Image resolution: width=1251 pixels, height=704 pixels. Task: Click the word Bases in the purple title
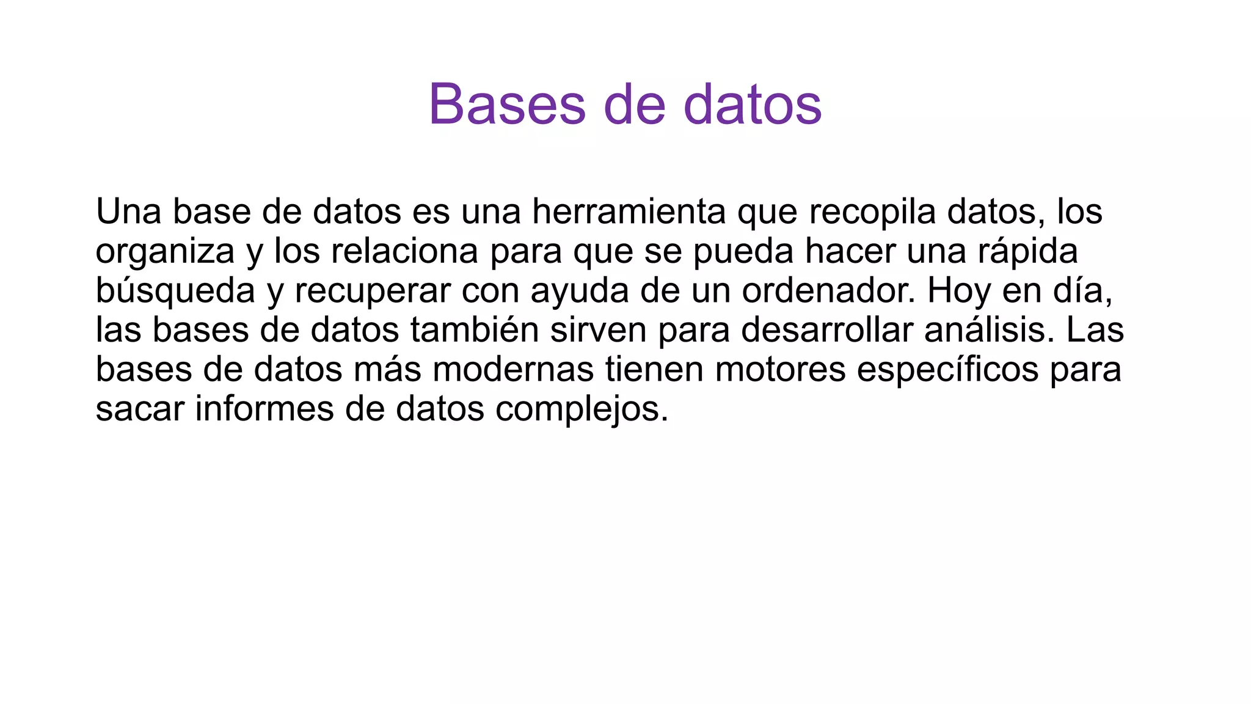click(507, 105)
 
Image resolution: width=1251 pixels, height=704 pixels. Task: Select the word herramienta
click(629, 211)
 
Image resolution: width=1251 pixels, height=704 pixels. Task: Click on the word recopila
click(872, 211)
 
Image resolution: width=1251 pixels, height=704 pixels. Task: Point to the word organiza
click(165, 252)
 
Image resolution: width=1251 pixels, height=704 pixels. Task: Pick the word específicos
click(947, 370)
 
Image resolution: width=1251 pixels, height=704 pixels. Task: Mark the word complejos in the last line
click(582, 409)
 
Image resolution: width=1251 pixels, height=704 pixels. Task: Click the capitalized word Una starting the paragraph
click(128, 211)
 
